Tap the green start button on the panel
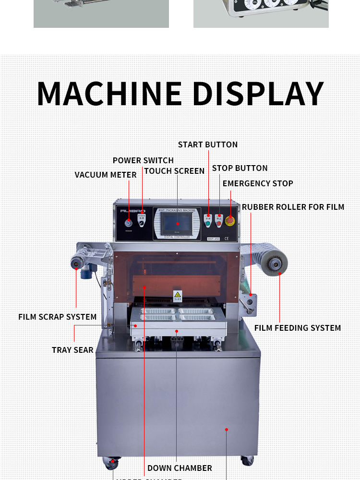click(208, 223)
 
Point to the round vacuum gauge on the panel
click(129, 223)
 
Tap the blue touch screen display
click(177, 223)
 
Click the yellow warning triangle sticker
click(178, 294)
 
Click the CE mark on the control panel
click(227, 238)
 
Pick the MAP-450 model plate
click(214, 238)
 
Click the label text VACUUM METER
click(106, 175)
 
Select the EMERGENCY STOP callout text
click(258, 184)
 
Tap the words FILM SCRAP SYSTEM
click(58, 317)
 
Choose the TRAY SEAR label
click(72, 350)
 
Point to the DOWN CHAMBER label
click(180, 468)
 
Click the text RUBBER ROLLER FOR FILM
click(293, 207)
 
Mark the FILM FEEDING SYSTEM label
click(298, 328)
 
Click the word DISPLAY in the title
click(258, 94)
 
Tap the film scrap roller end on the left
click(76, 262)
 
